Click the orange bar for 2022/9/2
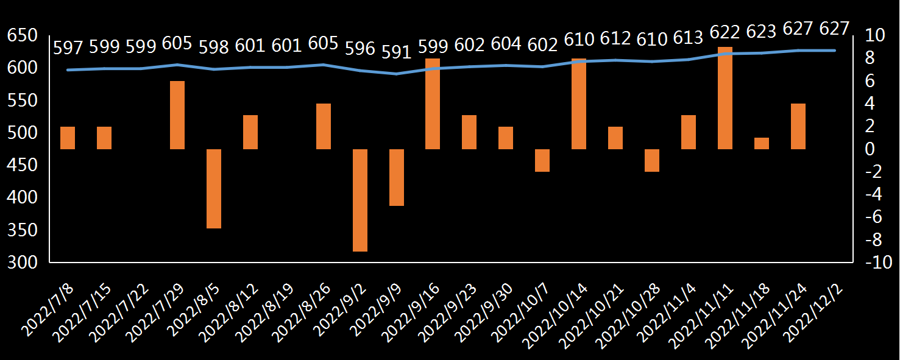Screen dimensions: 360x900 point(360,200)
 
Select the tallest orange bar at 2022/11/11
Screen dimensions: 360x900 point(725,97)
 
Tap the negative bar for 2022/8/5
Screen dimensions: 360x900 point(214,188)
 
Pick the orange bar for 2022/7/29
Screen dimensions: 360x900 point(177,115)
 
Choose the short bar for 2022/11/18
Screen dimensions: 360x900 point(762,143)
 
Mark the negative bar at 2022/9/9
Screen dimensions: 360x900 point(397,177)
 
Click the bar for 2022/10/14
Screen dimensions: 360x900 point(579,104)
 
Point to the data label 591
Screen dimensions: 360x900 point(397,53)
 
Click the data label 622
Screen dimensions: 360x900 point(725,32)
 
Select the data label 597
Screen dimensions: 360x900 point(68,48)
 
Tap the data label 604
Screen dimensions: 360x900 point(506,44)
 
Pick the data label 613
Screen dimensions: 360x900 point(689,38)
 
